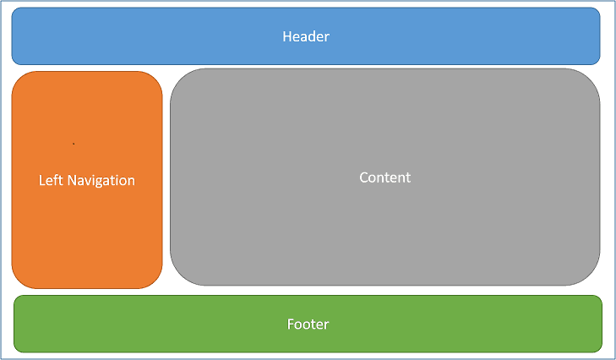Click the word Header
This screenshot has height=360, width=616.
click(x=305, y=36)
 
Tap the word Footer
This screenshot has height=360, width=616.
click(x=308, y=324)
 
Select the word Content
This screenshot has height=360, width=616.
click(x=384, y=177)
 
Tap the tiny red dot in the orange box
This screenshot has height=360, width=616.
click(x=74, y=144)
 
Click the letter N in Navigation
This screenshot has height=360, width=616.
click(x=72, y=180)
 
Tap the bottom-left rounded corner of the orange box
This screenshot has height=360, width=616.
click(x=20, y=280)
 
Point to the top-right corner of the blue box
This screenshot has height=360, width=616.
click(x=596, y=12)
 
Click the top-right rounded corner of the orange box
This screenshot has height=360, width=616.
click(x=154, y=79)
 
